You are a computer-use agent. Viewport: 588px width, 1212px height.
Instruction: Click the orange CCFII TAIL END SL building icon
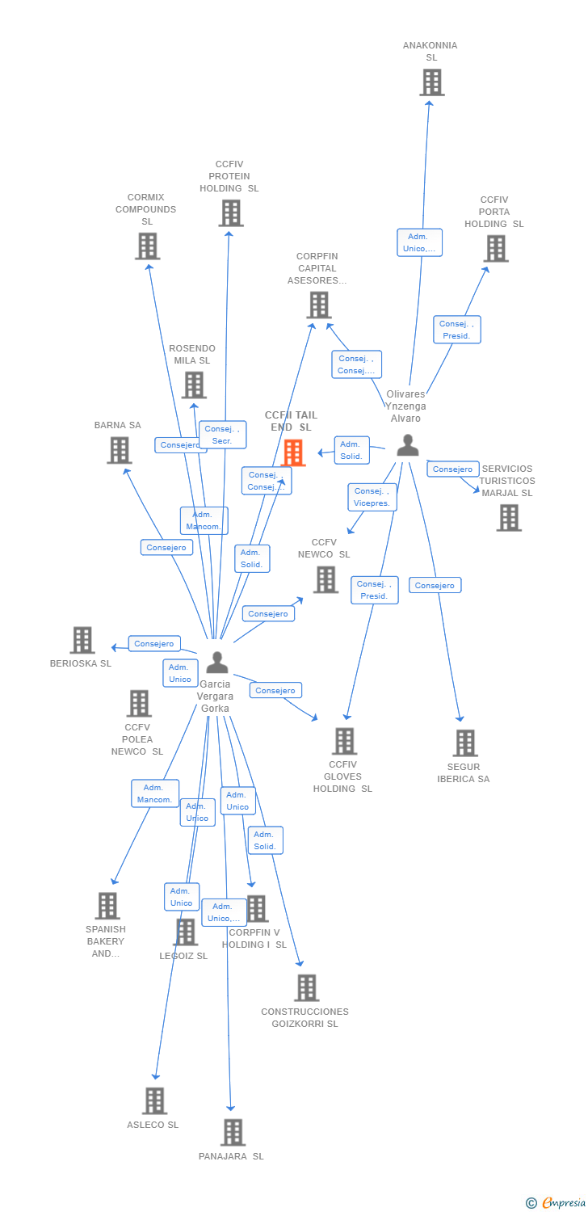294,452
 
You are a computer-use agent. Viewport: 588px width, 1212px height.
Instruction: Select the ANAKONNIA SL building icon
431,82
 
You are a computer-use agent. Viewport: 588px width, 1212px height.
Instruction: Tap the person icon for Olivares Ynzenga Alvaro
408,445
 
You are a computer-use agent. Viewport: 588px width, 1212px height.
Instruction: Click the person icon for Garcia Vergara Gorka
216,662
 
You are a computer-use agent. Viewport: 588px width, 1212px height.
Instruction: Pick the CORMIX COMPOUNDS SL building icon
147,246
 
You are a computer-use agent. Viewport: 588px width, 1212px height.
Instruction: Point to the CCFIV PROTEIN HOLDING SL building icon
231,213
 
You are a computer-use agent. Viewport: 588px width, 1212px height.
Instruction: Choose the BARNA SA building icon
119,450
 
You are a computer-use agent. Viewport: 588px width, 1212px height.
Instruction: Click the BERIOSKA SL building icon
82,640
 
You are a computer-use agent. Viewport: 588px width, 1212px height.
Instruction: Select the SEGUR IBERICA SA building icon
464,743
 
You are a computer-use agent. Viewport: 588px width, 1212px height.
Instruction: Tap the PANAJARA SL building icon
233,1132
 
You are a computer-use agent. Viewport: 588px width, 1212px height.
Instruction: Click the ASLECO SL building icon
154,1100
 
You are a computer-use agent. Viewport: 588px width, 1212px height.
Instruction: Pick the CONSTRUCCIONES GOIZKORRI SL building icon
306,987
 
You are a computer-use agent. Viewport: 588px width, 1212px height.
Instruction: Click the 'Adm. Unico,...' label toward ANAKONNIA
420,242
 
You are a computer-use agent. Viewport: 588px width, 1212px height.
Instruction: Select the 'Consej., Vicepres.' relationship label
372,497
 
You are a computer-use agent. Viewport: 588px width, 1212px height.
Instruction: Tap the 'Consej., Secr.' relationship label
222,435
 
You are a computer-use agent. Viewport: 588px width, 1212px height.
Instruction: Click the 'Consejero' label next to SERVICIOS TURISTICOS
452,469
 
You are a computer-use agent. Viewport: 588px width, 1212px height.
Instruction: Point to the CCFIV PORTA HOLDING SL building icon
495,249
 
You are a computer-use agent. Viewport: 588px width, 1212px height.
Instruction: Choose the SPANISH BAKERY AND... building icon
107,906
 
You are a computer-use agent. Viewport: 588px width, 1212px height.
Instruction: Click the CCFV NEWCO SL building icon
325,579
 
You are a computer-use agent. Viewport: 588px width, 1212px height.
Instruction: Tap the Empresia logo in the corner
556,1203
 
